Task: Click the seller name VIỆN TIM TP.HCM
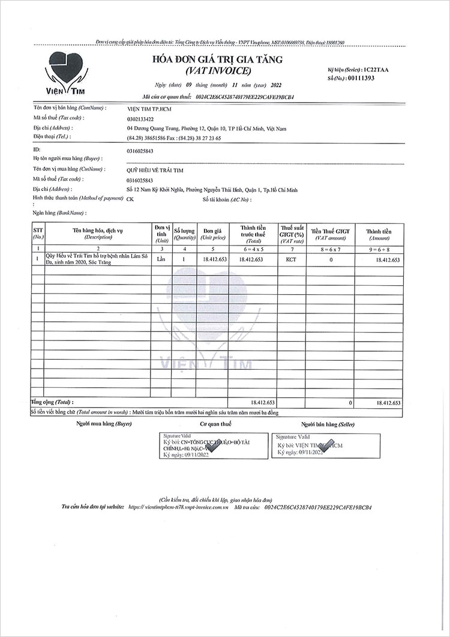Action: tap(149, 109)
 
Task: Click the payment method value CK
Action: tap(130, 199)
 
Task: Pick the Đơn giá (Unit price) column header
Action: tap(212, 232)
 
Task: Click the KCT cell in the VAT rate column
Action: tap(291, 260)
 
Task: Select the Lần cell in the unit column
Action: tap(160, 260)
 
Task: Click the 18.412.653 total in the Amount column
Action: tap(388, 402)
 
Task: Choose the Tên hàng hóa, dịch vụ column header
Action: tap(97, 232)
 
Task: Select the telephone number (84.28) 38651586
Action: tap(146, 137)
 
